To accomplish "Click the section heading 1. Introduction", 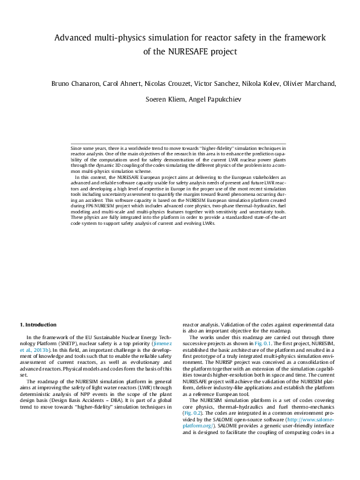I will click(38, 325).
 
